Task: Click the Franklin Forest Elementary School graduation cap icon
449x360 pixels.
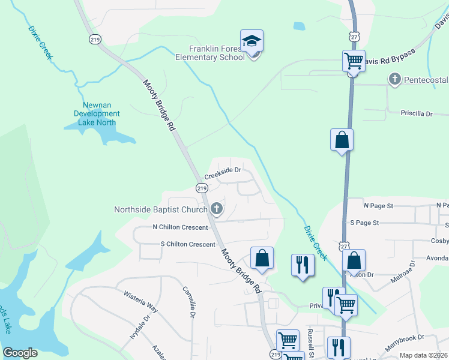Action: click(252, 41)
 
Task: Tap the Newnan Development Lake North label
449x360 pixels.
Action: click(97, 113)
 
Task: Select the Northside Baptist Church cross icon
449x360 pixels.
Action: click(217, 209)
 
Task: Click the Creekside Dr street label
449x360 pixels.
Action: click(222, 173)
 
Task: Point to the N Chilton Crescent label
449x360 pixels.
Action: click(180, 227)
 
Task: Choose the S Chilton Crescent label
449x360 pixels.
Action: click(187, 244)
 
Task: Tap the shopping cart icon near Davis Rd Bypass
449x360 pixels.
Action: click(354, 61)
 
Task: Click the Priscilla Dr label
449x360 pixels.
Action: click(417, 113)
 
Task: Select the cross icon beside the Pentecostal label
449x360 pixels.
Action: click(394, 79)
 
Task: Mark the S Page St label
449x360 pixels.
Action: click(364, 223)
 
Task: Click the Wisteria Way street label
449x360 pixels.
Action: click(140, 302)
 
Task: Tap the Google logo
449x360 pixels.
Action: click(20, 353)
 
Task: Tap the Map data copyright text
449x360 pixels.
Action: click(423, 355)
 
